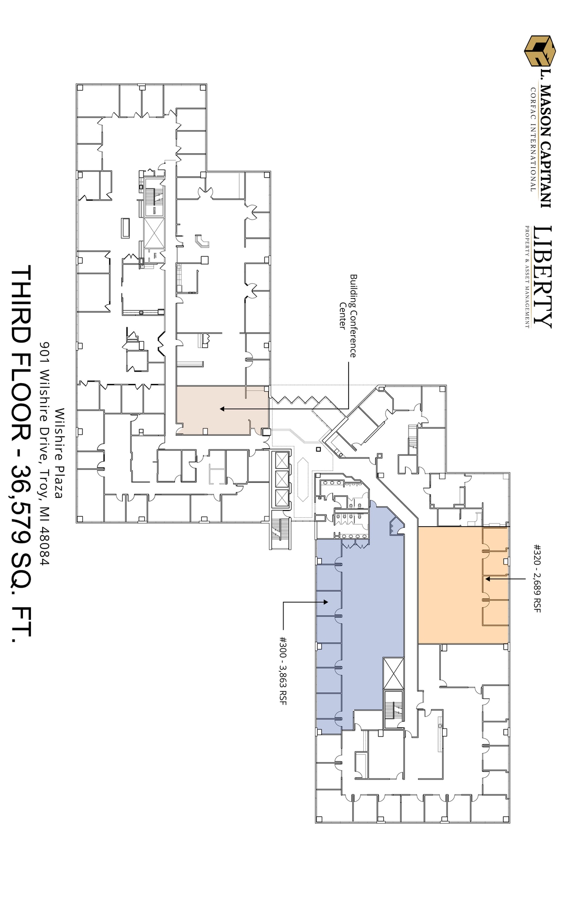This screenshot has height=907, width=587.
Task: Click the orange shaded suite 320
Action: point(450,585)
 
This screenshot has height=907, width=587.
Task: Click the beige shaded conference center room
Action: point(222,410)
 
